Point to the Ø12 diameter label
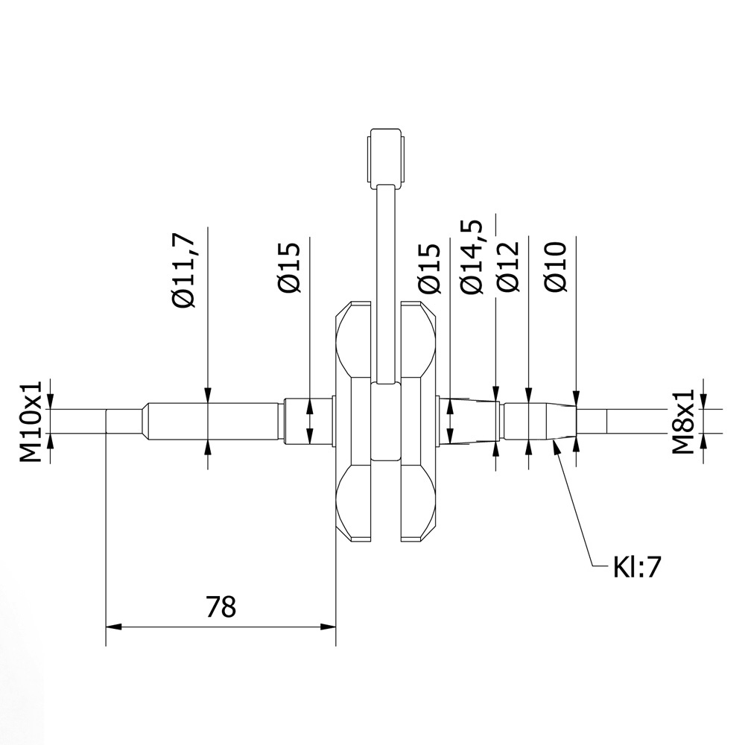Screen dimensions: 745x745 (507, 267)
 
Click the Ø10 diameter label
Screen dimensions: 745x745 (556, 267)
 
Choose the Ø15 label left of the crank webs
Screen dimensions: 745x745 (289, 267)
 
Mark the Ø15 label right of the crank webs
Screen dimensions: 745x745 (428, 267)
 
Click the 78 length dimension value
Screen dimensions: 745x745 (221, 606)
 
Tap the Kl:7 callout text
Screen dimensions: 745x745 (637, 567)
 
